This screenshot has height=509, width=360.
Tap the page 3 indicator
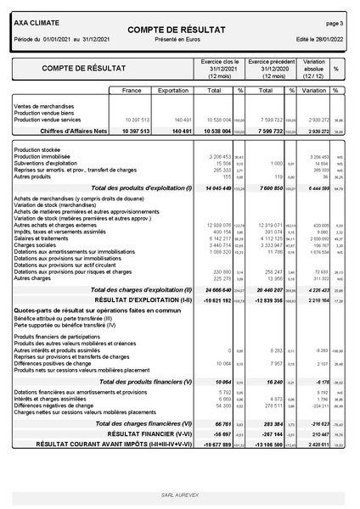point(335,24)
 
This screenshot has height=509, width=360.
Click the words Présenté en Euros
point(178,40)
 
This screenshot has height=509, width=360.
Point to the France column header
point(132,89)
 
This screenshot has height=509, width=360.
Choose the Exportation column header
point(174,89)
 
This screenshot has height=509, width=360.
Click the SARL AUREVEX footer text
point(179,493)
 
